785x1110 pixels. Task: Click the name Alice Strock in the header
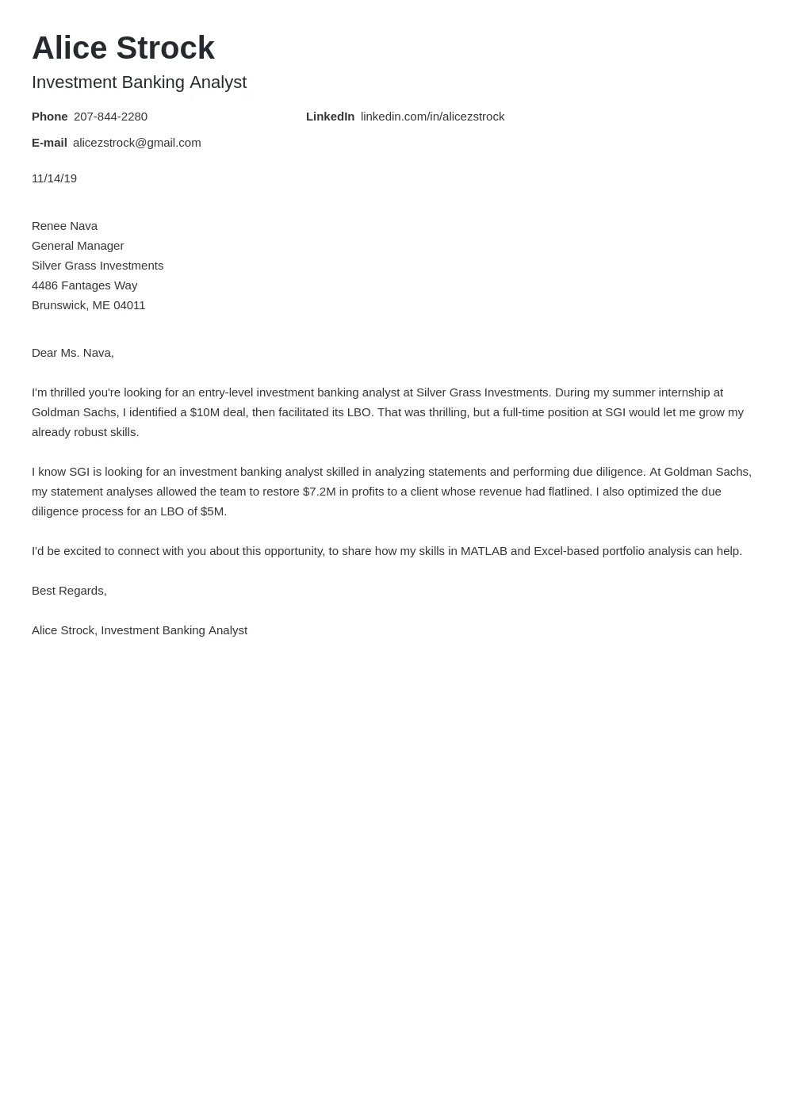pos(123,48)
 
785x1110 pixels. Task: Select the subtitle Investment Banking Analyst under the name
pos(139,82)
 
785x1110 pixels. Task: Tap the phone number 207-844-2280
pos(110,117)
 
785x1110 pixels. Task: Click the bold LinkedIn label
pos(330,117)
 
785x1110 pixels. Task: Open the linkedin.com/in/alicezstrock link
pos(432,117)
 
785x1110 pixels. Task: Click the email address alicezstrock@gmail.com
pos(136,143)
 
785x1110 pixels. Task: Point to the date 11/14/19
pos(54,178)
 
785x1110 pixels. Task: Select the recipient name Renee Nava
pos(64,226)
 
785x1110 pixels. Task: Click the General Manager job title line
pos(78,246)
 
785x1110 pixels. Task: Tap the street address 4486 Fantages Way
pos(84,285)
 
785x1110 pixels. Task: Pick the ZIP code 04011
pos(129,305)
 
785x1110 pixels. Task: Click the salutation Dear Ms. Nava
pos(72,353)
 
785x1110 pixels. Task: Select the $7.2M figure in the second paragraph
pos(319,492)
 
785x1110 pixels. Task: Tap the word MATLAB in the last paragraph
pos(483,551)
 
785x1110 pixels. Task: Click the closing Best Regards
pos(69,591)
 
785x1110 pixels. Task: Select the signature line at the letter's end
pos(140,630)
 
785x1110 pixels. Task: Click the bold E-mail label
pos(49,143)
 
